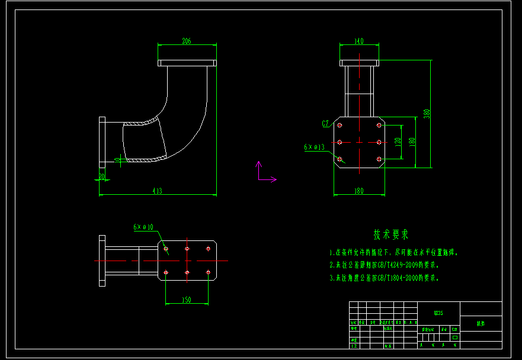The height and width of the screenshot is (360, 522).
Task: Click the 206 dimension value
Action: point(187,41)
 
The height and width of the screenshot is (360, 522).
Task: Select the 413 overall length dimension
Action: point(158,191)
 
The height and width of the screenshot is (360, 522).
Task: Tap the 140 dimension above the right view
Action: point(358,41)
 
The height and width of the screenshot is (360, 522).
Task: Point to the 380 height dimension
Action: point(426,113)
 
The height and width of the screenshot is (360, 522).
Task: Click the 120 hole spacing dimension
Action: point(398,142)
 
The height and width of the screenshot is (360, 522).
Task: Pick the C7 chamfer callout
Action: point(325,124)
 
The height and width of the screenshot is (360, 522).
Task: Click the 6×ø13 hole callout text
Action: point(315,146)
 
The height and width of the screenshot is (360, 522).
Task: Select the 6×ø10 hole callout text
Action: point(143,227)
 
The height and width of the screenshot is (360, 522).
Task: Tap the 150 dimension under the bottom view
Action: point(187,300)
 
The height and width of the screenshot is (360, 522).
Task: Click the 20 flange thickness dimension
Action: point(101,176)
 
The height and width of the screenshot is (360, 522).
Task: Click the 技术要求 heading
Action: point(391,235)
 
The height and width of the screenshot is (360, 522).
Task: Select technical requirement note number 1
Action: point(395,252)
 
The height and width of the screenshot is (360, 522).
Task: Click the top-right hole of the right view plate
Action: point(379,126)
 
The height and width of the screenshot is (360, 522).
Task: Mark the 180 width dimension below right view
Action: point(358,191)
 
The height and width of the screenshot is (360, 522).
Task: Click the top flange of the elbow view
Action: point(187,62)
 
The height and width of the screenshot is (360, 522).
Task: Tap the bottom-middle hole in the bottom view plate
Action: point(187,272)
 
